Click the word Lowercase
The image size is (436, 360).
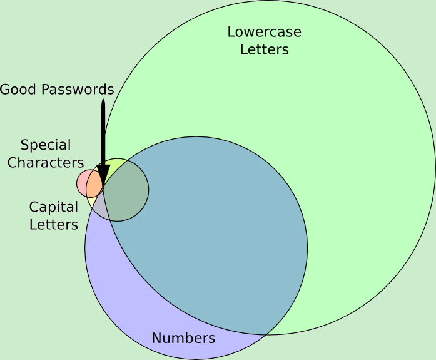coord(264,32)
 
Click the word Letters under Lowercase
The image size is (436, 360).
coord(264,49)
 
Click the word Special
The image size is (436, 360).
coord(46,145)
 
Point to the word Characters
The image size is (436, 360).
coord(46,163)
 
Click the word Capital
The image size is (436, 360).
coord(54,207)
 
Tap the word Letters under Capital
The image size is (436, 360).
coord(54,224)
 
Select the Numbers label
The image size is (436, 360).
coord(183,339)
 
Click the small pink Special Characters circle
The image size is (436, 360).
coord(82,183)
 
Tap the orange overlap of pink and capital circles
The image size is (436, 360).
coord(94,183)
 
